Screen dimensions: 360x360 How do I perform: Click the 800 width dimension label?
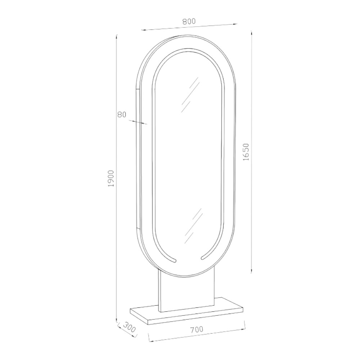(189, 21)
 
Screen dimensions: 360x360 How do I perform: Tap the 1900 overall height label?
(111, 179)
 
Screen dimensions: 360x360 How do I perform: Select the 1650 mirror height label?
(246, 152)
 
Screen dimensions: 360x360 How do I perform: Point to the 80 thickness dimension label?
(122, 114)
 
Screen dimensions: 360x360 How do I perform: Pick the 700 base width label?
(197, 329)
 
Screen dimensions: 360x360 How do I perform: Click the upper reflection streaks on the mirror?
(190, 95)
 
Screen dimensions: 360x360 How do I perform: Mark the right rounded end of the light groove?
(203, 258)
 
